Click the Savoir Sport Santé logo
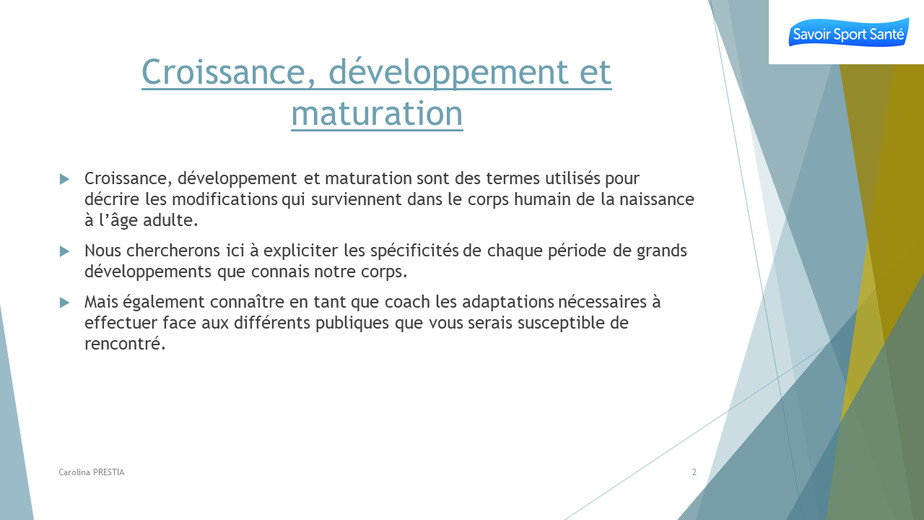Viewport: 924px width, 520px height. (x=848, y=32)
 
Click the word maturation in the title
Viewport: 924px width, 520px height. (x=377, y=113)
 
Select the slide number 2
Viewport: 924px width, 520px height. (x=694, y=472)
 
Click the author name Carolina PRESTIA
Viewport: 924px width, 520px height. (x=91, y=472)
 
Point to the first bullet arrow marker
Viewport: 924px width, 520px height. (x=64, y=179)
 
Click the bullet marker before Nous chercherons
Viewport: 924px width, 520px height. (x=64, y=251)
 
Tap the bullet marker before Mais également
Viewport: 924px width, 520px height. (x=64, y=303)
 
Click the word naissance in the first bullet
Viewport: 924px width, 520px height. (x=657, y=199)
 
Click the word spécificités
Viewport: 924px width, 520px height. (x=414, y=251)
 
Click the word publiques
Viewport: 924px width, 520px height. (x=352, y=324)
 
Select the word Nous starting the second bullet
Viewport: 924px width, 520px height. (x=103, y=251)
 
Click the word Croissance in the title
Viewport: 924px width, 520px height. (x=229, y=72)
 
